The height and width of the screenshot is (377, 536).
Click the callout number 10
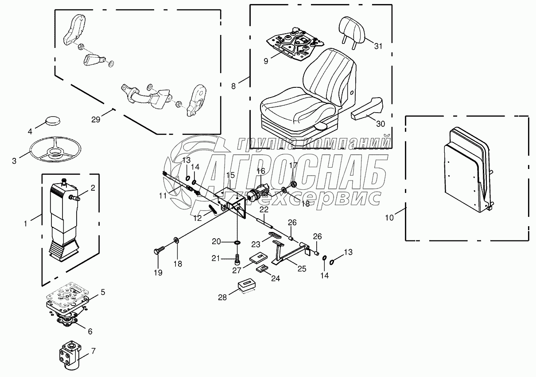point(389,217)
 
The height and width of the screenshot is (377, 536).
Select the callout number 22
point(264,209)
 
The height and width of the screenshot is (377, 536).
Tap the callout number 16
point(260,171)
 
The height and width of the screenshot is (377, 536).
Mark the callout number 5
point(102,292)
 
